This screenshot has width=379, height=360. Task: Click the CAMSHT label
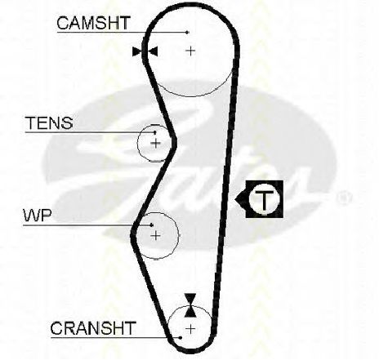click(x=93, y=23)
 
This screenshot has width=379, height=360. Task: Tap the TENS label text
click(x=49, y=122)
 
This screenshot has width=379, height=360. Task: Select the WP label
click(x=38, y=216)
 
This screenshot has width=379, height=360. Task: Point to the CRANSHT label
click(x=93, y=328)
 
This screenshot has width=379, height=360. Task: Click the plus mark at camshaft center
click(x=190, y=51)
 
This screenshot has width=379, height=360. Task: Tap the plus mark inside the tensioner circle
click(x=156, y=143)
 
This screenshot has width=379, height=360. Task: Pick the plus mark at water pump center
click(x=156, y=235)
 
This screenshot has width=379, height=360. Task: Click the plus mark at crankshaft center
click(x=190, y=329)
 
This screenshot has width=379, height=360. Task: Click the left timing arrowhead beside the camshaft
click(x=137, y=51)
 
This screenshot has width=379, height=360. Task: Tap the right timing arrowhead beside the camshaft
click(x=153, y=51)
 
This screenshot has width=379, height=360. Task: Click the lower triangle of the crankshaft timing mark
click(x=190, y=311)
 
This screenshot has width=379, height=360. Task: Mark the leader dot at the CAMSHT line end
click(x=187, y=33)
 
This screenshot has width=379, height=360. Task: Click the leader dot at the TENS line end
click(x=155, y=132)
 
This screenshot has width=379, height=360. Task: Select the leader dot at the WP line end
click(x=152, y=225)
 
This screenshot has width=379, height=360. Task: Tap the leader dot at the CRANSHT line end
click(x=181, y=338)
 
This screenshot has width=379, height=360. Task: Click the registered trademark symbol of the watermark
click(x=345, y=198)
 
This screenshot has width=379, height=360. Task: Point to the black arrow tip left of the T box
click(x=235, y=199)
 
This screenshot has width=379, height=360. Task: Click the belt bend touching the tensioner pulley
click(x=174, y=142)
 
